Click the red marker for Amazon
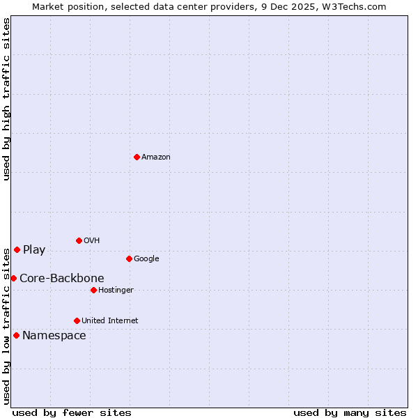[137, 157]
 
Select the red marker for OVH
[79, 240]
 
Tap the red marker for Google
[129, 258]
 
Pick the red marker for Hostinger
[93, 290]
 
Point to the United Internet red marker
[77, 320]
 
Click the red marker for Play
[17, 249]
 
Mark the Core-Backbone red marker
[13, 278]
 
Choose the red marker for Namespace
[16, 335]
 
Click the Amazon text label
[156, 157]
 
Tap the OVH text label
[92, 240]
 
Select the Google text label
[146, 258]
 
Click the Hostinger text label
[116, 290]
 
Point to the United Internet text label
[110, 320]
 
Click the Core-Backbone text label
[62, 278]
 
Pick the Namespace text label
[54, 335]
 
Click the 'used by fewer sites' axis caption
[72, 412]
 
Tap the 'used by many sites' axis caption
[350, 412]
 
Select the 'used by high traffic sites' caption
[6, 100]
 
